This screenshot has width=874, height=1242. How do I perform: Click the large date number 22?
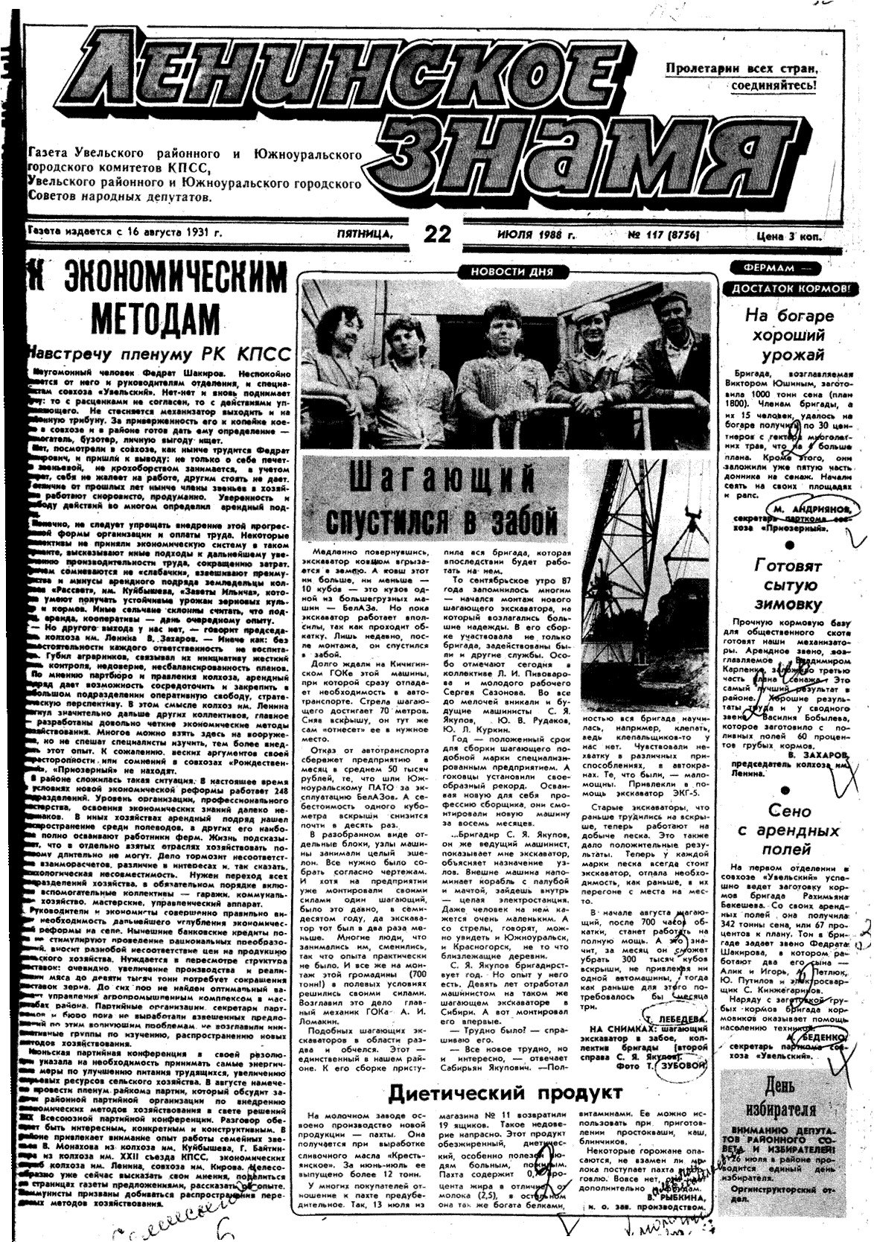pos(437,234)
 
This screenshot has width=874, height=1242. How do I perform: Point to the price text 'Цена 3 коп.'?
pos(793,236)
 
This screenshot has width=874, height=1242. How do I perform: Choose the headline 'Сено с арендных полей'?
pos(790,829)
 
